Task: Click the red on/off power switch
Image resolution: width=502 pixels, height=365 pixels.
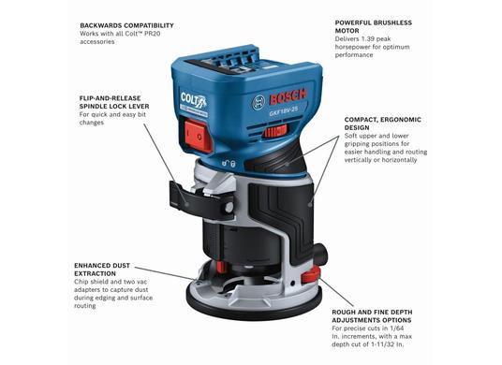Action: (199, 136)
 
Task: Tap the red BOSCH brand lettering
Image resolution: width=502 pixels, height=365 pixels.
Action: (288, 96)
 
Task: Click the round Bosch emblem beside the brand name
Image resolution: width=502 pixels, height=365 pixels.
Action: (258, 103)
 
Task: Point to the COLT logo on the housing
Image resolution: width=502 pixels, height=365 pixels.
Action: (194, 100)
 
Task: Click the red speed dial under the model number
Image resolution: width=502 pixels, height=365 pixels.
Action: (275, 130)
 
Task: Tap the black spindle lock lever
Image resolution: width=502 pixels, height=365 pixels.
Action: (201, 200)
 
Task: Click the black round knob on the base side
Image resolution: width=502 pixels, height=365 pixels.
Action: (320, 254)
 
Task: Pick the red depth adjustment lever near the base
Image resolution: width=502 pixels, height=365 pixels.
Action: (311, 275)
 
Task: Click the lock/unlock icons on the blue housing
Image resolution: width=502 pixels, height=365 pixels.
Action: (229, 164)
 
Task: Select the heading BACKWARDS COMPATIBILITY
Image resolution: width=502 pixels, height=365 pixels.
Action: (126, 25)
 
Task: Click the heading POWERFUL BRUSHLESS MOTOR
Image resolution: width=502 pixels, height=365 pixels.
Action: (374, 26)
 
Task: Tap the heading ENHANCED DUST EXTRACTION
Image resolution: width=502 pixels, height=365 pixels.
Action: (102, 270)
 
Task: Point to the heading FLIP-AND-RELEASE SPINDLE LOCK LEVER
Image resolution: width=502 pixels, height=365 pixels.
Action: (114, 102)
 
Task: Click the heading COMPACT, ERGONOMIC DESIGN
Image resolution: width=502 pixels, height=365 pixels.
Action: (382, 124)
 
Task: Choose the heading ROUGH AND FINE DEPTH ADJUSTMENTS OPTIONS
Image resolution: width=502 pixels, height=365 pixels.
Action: (372, 316)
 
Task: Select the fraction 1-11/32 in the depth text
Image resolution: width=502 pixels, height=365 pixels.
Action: (376, 344)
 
